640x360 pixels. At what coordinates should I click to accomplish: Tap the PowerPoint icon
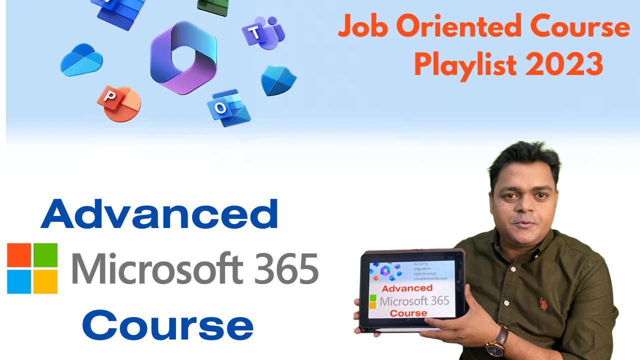click(x=118, y=103)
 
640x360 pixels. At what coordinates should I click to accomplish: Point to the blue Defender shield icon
click(x=278, y=80)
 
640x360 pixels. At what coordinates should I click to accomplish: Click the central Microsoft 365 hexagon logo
click(x=183, y=58)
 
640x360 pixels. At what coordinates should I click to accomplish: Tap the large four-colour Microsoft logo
click(x=32, y=268)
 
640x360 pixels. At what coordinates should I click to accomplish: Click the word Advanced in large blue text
click(x=159, y=214)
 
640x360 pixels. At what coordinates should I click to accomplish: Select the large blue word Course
click(x=167, y=326)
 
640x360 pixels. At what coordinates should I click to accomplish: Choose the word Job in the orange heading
click(x=363, y=27)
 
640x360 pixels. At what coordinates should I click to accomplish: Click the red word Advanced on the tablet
click(x=406, y=288)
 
